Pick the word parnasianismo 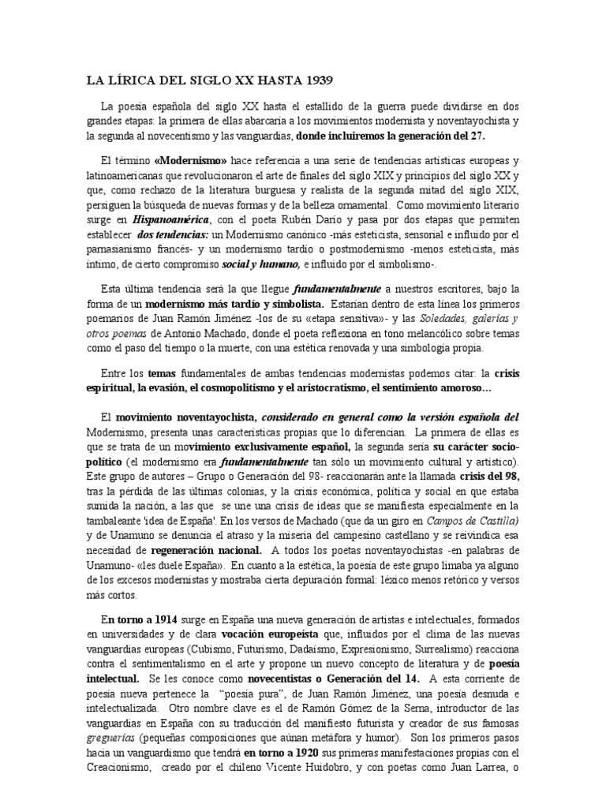121,249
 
